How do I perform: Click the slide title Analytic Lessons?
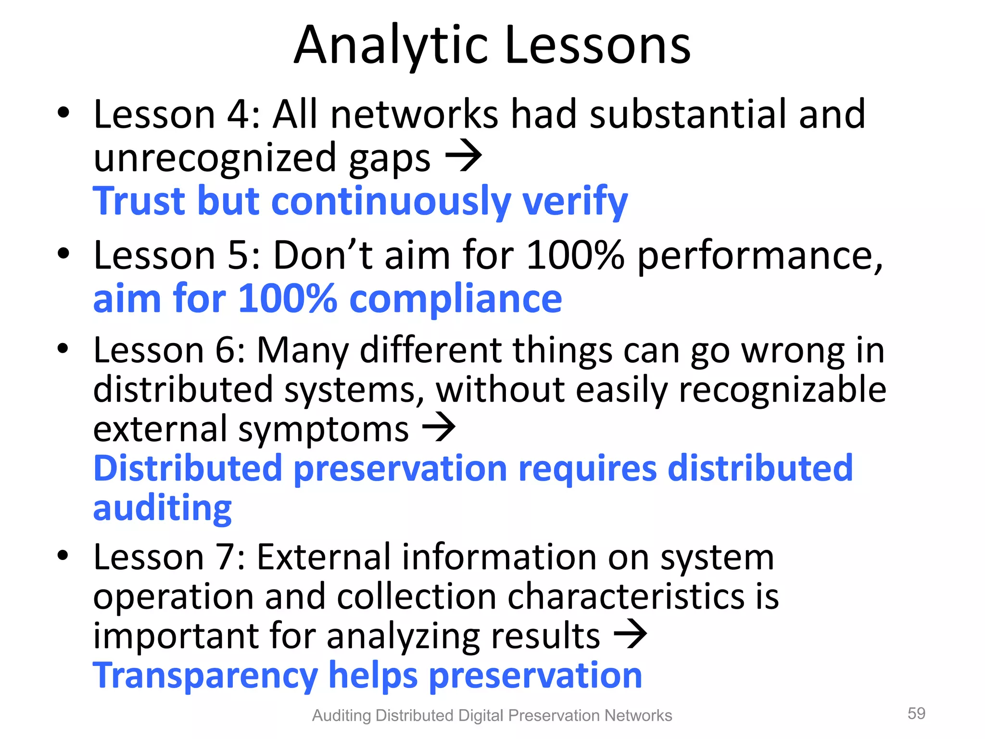(492, 45)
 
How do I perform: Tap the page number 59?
(916, 713)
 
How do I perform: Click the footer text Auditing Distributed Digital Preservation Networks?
(492, 715)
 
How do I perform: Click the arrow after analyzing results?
(630, 634)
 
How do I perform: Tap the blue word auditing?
(163, 509)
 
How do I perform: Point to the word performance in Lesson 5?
(759, 256)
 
